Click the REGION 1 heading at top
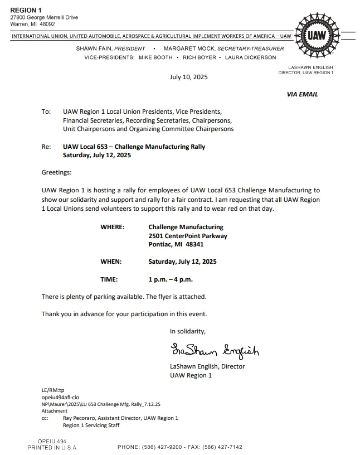click(26, 11)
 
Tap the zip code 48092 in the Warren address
click(47, 24)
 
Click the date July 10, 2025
click(188, 77)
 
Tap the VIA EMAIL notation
click(302, 94)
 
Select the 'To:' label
click(46, 112)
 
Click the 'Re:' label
click(46, 147)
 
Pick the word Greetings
click(56, 173)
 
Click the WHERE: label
click(112, 227)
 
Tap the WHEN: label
click(111, 262)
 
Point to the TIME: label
click(109, 279)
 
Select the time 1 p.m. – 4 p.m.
click(171, 279)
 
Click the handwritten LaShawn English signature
click(215, 350)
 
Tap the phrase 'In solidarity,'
click(188, 331)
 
